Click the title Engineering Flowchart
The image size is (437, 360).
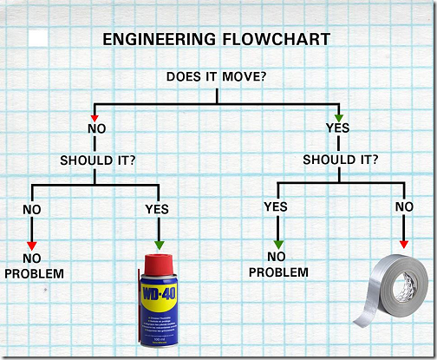pyautogui.click(x=217, y=39)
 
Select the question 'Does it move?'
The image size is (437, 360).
pyautogui.click(x=216, y=76)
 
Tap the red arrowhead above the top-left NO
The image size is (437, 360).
pyautogui.click(x=95, y=118)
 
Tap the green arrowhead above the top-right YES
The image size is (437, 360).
pyautogui.click(x=339, y=118)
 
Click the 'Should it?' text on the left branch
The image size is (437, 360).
pyautogui.click(x=98, y=160)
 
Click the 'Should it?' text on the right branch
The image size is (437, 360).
pyautogui.click(x=341, y=160)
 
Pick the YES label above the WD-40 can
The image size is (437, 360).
pyautogui.click(x=157, y=209)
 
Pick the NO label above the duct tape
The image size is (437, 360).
pyautogui.click(x=404, y=206)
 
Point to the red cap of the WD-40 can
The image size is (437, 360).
pyautogui.click(x=159, y=265)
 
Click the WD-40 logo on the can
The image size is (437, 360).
pyautogui.click(x=159, y=294)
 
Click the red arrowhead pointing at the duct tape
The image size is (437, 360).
pyautogui.click(x=404, y=245)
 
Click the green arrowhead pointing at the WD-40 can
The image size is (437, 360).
pyautogui.click(x=159, y=245)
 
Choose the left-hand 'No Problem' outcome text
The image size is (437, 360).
pyautogui.click(x=34, y=266)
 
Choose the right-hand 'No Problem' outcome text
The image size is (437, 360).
pyautogui.click(x=278, y=265)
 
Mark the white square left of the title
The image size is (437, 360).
pyautogui.click(x=38, y=38)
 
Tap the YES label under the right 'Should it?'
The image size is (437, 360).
pyautogui.click(x=276, y=206)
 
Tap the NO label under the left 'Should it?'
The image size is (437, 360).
pyautogui.click(x=32, y=210)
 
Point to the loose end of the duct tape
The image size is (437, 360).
pyautogui.click(x=361, y=322)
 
